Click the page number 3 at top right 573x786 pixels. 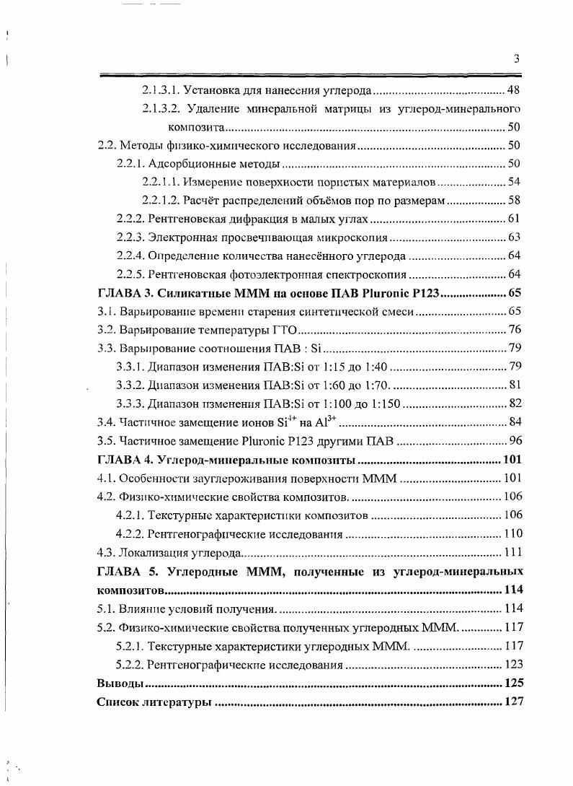[517, 60]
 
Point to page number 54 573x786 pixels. [515, 182]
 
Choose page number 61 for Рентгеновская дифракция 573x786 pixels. [515, 219]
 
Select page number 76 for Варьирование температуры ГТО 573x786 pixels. [515, 330]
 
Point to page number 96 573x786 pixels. [515, 440]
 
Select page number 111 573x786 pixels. [512, 553]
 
